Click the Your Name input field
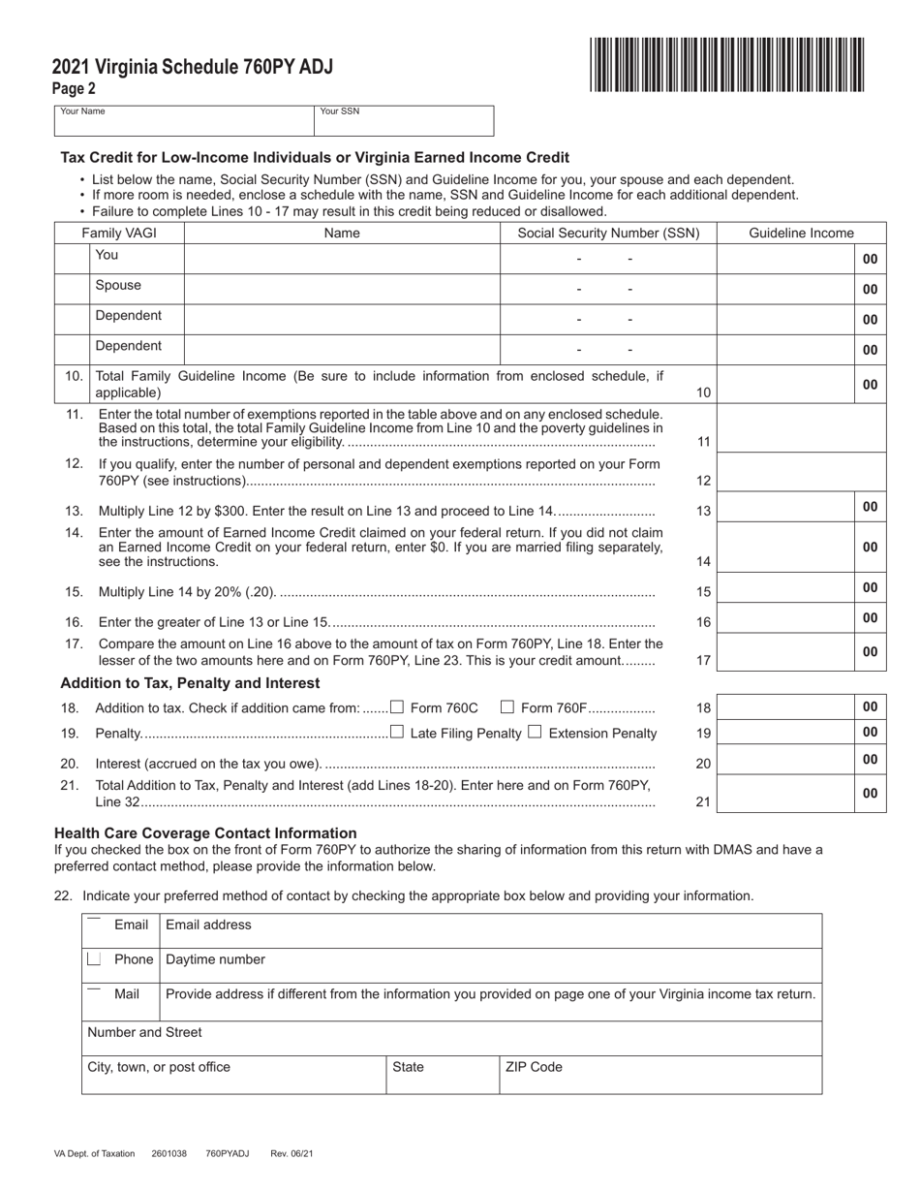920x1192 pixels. (x=183, y=123)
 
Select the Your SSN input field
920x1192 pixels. (x=403, y=123)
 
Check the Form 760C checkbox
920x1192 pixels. (x=396, y=706)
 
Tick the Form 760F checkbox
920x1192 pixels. (x=506, y=706)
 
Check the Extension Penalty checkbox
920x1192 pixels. (x=535, y=733)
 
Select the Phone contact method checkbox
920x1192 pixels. (x=94, y=958)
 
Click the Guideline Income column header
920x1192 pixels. (x=801, y=233)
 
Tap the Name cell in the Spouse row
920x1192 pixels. (x=341, y=289)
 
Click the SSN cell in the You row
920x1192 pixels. (x=607, y=259)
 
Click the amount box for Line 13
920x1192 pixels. (x=785, y=507)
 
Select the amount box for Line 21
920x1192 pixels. (x=785, y=793)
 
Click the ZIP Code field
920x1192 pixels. (x=660, y=1075)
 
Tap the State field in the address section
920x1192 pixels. (x=443, y=1075)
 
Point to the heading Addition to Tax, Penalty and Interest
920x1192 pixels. (x=190, y=683)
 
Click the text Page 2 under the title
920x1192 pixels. (x=74, y=88)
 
